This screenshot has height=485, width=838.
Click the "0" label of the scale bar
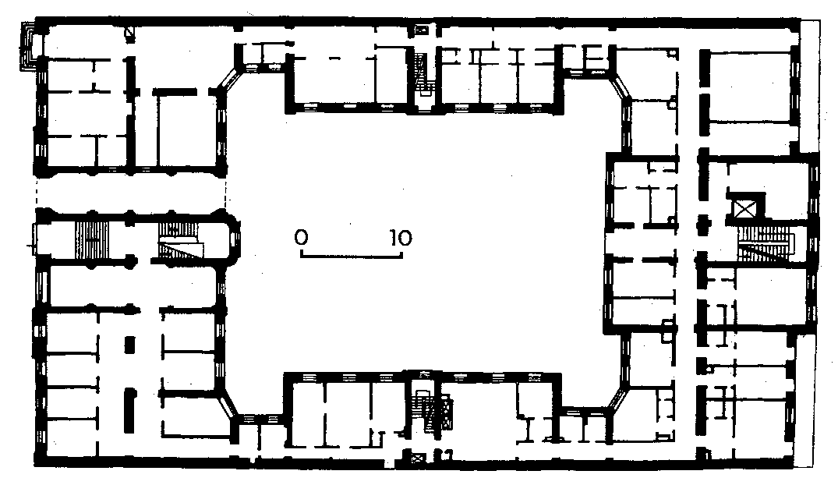point(301,237)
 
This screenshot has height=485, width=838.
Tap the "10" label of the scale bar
point(401,237)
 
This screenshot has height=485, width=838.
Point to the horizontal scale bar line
point(351,255)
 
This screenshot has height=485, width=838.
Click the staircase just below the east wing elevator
point(765,244)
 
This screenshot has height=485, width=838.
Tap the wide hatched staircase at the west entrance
point(91,239)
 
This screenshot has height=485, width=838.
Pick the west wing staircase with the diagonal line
point(181,241)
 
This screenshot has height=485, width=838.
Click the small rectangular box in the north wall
point(422,30)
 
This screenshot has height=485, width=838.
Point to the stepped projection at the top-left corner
point(28,46)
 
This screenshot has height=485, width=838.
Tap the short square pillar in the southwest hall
point(129,344)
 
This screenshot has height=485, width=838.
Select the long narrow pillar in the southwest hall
point(129,411)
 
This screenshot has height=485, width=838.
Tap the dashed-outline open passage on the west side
point(130,193)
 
